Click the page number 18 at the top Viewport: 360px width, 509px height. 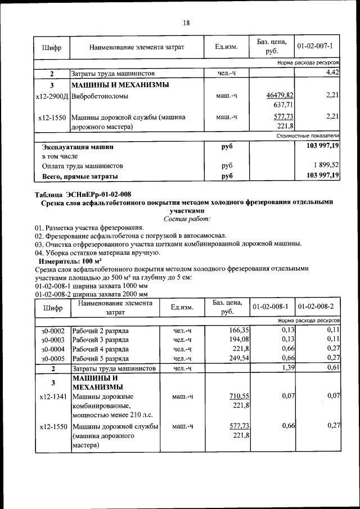point(186,22)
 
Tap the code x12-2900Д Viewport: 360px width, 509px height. point(52,96)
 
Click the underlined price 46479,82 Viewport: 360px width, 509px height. point(280,96)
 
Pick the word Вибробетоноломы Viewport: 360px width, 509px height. point(100,96)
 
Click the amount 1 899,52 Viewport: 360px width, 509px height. point(322,166)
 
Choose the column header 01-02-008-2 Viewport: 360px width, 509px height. point(317,307)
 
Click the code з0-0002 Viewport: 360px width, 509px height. point(52,331)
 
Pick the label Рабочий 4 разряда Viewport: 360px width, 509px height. point(96,349)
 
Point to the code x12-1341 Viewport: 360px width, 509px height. point(52,397)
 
